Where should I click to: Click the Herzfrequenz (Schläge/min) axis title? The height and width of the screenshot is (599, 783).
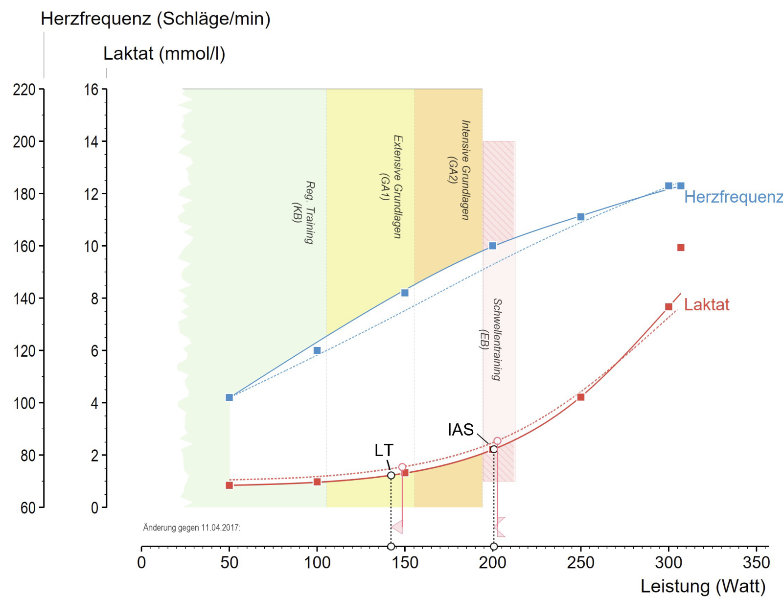[x=155, y=19]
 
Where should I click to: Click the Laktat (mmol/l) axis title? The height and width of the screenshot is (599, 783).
[x=164, y=53]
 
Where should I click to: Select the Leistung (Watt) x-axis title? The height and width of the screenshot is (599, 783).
[x=703, y=586]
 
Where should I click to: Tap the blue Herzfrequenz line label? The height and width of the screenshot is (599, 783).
[x=733, y=197]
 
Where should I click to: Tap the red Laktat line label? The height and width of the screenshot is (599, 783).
[x=706, y=305]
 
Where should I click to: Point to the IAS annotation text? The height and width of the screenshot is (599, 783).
[x=461, y=430]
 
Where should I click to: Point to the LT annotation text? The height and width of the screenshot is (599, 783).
[x=384, y=450]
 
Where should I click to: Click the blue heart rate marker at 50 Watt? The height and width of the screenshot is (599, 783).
[x=229, y=397]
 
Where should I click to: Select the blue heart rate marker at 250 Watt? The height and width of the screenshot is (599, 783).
[x=581, y=217]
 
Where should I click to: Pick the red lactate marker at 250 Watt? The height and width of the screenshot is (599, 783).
[x=581, y=397]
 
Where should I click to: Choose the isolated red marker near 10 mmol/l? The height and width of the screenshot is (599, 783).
[x=681, y=248]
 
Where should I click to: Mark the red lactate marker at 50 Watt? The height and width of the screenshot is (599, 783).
[x=229, y=485]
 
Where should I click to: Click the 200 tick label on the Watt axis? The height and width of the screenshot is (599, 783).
[x=492, y=563]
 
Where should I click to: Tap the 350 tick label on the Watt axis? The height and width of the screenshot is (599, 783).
[x=756, y=563]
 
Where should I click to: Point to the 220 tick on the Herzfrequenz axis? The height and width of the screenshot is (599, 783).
[x=24, y=90]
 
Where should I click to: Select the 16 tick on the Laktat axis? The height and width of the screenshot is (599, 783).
[x=91, y=90]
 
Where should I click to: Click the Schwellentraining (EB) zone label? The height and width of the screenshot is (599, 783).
[x=490, y=339]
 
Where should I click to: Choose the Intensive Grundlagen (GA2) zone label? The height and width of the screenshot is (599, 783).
[x=459, y=170]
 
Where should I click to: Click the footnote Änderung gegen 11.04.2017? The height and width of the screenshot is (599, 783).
[x=192, y=528]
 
